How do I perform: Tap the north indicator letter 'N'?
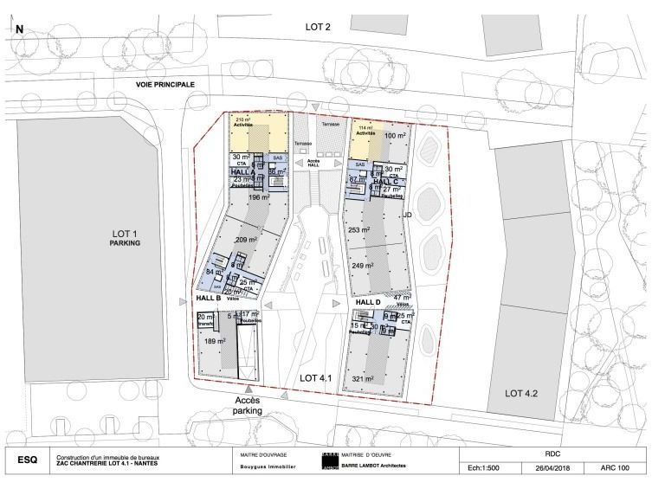19,29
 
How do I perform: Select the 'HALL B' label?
210,299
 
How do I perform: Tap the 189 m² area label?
214,342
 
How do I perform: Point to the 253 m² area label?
358,231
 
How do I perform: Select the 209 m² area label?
248,240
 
